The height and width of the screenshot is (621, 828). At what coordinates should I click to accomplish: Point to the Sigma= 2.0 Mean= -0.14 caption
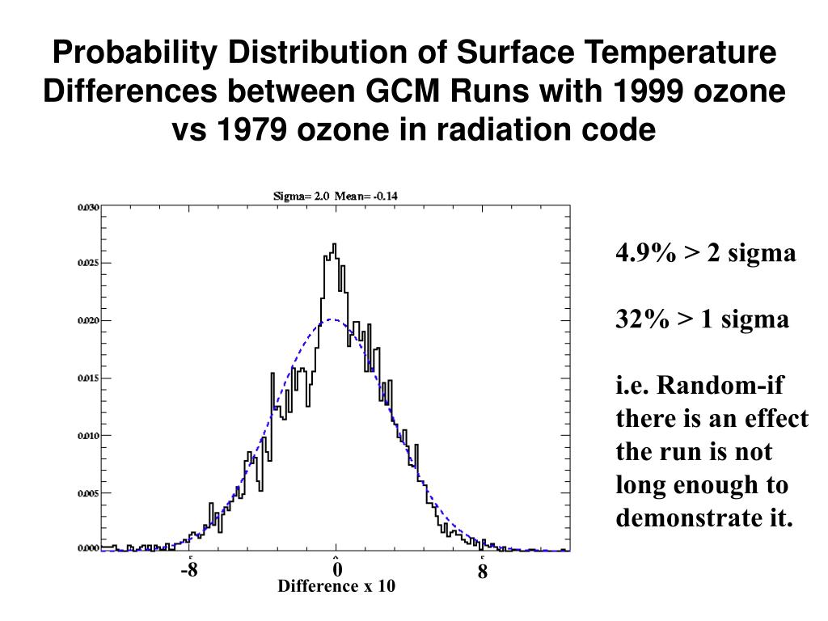coord(334,196)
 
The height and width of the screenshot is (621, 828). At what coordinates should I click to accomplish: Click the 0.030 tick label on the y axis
coord(88,208)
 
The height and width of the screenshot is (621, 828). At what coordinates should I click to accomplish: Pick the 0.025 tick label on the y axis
coord(88,264)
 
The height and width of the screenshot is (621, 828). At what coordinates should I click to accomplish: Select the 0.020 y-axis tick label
coord(88,321)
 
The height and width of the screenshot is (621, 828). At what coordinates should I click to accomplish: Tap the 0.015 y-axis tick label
coord(88,378)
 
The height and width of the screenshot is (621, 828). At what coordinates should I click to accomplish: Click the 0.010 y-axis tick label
coord(88,436)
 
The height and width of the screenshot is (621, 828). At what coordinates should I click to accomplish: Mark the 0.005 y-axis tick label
coord(88,493)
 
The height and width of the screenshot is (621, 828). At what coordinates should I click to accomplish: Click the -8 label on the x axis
coord(189,571)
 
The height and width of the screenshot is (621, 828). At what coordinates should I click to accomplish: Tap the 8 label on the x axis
coord(483,572)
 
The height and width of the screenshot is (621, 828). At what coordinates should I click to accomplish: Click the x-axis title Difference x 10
coord(336,587)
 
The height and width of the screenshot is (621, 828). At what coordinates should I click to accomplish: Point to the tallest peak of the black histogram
coord(335,244)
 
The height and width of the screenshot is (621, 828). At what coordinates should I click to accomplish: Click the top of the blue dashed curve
coord(334,319)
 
